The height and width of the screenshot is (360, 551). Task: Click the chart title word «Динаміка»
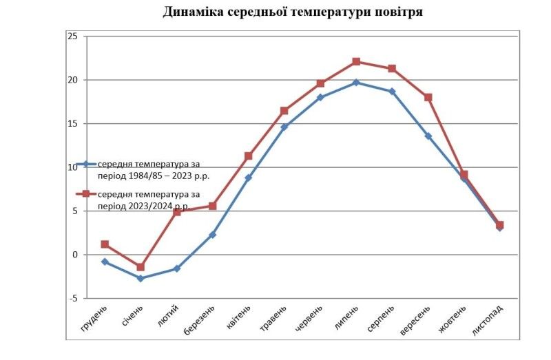(x=194, y=12)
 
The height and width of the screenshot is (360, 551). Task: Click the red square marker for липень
(x=356, y=61)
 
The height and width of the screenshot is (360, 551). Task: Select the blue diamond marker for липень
(x=356, y=83)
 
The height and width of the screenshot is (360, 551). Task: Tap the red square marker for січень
(x=141, y=267)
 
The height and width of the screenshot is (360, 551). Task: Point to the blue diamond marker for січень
(x=141, y=278)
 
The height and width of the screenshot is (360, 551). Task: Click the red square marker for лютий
(x=176, y=212)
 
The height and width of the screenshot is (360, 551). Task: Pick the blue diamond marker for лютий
(x=176, y=268)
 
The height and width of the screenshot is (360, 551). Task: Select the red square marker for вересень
(x=428, y=97)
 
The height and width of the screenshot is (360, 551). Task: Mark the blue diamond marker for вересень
(x=428, y=136)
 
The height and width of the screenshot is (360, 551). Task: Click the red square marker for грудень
(x=105, y=244)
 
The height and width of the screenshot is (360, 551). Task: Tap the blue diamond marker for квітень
(x=248, y=178)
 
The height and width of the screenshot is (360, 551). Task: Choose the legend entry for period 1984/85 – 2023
(x=152, y=169)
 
